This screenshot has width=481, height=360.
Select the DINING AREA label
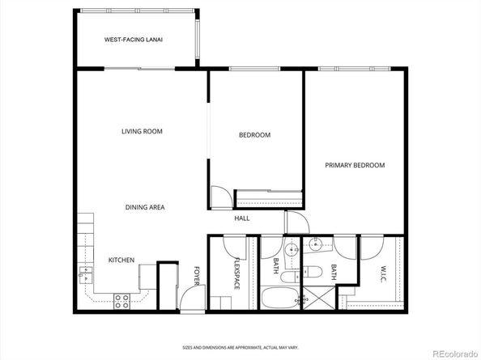[x=145, y=208]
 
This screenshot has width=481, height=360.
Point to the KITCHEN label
[x=121, y=260]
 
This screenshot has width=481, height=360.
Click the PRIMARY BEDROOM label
[x=355, y=165]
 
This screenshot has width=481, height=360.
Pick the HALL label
[x=241, y=219]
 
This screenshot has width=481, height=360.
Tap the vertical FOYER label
[x=196, y=277]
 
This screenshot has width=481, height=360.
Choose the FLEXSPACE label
[x=237, y=273]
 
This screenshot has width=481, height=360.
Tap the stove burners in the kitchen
[x=122, y=302]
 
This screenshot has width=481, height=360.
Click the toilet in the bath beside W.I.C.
[x=315, y=271]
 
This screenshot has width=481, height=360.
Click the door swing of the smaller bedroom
[x=220, y=197]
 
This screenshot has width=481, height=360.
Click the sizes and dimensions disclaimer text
[x=240, y=345]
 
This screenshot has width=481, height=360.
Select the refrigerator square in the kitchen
[x=147, y=279]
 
